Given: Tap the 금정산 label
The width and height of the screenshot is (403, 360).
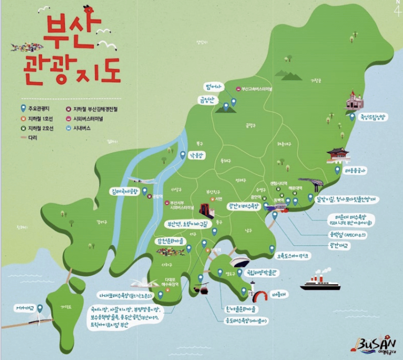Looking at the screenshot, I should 208,100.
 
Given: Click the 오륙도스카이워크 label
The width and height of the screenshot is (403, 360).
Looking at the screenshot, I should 294,256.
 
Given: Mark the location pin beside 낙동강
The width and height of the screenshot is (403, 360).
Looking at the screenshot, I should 182,155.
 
